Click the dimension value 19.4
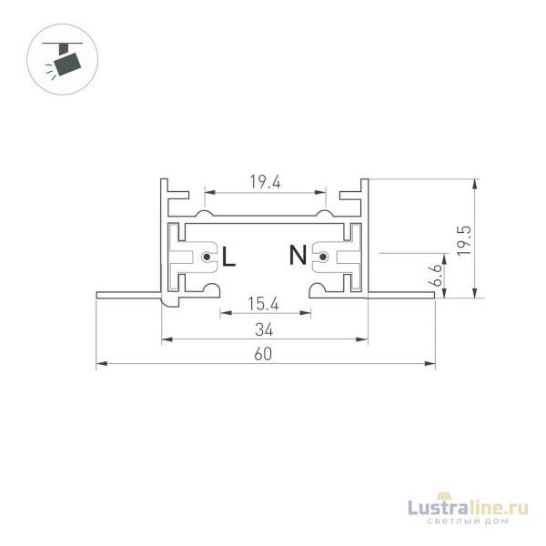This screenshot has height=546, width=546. pyautogui.click(x=265, y=182)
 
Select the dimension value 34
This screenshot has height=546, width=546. pyautogui.click(x=265, y=329)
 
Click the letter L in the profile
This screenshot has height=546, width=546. pyautogui.click(x=228, y=257)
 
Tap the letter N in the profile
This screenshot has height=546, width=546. pyautogui.click(x=298, y=257)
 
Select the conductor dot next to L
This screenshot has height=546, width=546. pyautogui.click(x=208, y=258)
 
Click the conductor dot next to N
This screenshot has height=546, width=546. pyautogui.click(x=323, y=258)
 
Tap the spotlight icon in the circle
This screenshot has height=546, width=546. pyautogui.click(x=64, y=60)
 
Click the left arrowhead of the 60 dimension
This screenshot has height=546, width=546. pyautogui.click(x=100, y=365)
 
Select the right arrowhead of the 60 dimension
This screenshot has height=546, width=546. pyautogui.click(x=430, y=365)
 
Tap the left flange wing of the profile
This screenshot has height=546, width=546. pyautogui.click(x=128, y=294)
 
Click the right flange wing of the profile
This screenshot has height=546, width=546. pyautogui.click(x=401, y=294)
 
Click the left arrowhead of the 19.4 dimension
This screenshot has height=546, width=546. pyautogui.click(x=207, y=193)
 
